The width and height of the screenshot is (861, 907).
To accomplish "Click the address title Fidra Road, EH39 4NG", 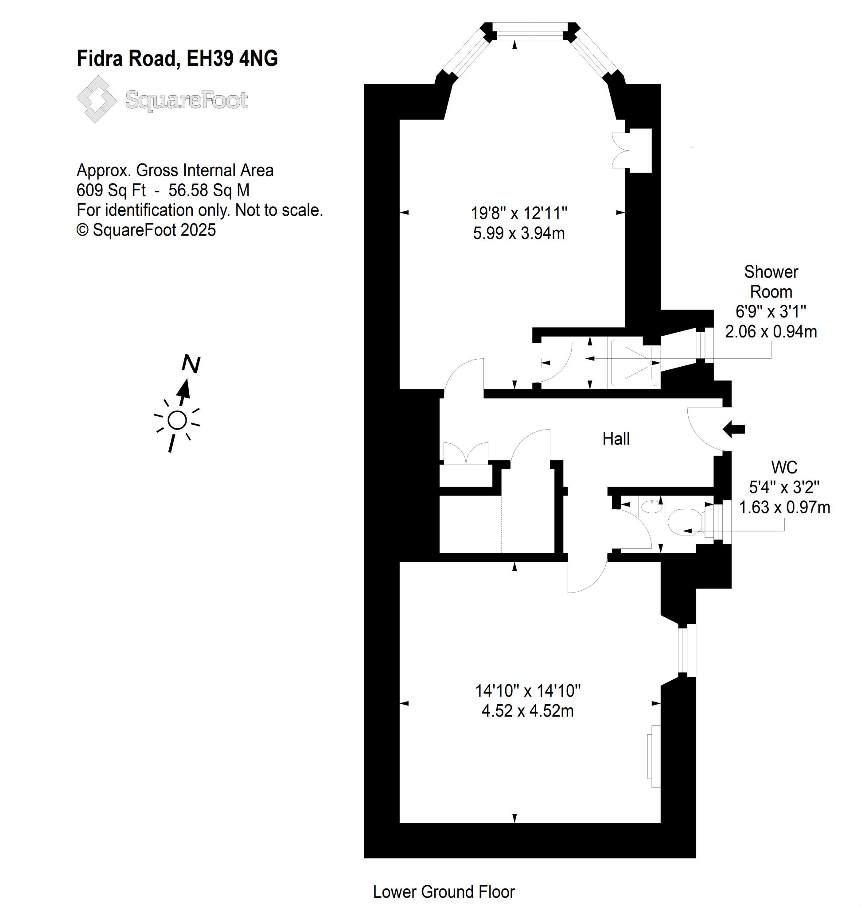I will [x=177, y=59].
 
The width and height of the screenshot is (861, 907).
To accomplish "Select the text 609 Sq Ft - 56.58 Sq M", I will [x=163, y=190].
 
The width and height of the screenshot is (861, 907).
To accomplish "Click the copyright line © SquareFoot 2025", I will [x=146, y=230].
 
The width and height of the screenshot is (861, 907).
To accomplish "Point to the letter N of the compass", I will [x=191, y=364].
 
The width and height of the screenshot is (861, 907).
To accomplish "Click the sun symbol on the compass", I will [x=177, y=420].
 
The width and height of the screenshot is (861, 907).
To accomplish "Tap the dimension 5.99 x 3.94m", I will [x=518, y=233].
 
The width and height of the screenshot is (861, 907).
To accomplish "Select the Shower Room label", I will [x=771, y=282].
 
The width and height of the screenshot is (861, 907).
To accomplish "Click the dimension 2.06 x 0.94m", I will [x=771, y=331].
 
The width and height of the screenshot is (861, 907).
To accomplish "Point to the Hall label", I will [x=616, y=438].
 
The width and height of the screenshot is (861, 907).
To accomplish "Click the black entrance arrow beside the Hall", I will [x=733, y=430].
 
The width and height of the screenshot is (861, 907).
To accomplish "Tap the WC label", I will [x=784, y=467].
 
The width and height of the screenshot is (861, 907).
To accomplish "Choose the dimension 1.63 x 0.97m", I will [x=784, y=507].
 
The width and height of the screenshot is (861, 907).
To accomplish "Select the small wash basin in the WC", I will [x=651, y=507].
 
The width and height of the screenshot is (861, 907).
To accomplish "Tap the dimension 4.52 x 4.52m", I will [x=527, y=711].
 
